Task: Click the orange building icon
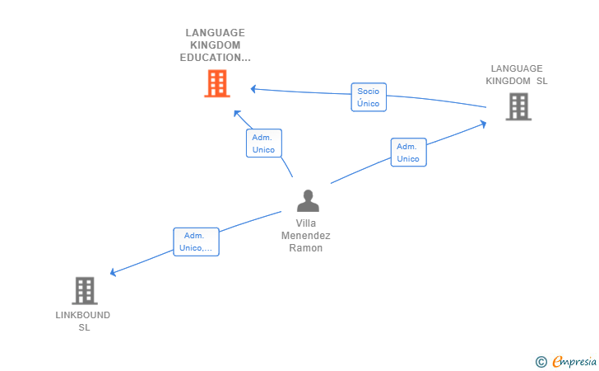point(217,83)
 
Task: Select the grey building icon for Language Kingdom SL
point(518,106)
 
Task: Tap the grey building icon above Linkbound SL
point(85,290)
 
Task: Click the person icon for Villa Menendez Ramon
point(308,200)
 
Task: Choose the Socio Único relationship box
point(369,97)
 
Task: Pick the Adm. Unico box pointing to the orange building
point(264,143)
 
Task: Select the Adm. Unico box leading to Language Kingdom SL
point(408,153)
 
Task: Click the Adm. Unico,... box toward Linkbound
point(196,242)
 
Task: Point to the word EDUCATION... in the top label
point(215,58)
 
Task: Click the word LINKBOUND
point(83,315)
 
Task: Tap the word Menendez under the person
point(305,236)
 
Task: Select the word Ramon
point(305,248)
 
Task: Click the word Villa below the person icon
point(305,223)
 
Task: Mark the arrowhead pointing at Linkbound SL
point(113,272)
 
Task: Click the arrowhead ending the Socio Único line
point(253,89)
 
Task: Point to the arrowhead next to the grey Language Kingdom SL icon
point(483,124)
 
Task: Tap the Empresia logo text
point(574,361)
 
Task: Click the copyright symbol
point(541,362)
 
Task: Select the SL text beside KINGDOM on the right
point(541,81)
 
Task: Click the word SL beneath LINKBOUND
point(85,328)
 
